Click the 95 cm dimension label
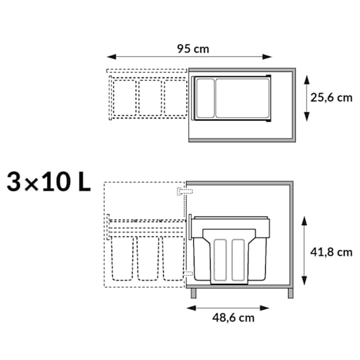(193, 49)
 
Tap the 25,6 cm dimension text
(331, 98)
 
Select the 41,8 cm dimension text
(331, 253)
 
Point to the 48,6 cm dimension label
(233, 318)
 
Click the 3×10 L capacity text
(49, 182)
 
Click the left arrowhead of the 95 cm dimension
(112, 57)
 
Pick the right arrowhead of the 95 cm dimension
(267, 57)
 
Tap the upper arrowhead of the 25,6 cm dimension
(307, 80)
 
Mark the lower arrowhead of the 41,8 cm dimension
(304, 281)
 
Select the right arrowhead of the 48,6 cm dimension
(264, 308)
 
